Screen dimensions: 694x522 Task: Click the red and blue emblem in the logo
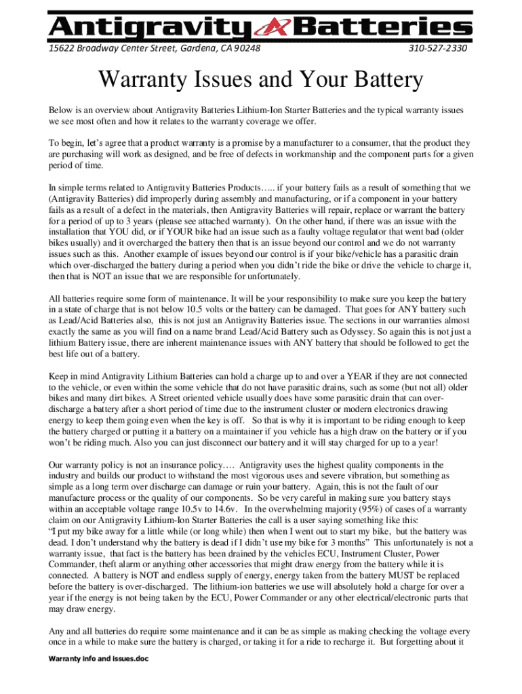coord(275,28)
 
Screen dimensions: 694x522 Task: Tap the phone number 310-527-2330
coord(438,49)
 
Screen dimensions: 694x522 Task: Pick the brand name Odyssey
coord(308,331)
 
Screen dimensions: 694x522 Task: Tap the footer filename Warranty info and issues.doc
coord(94,659)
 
